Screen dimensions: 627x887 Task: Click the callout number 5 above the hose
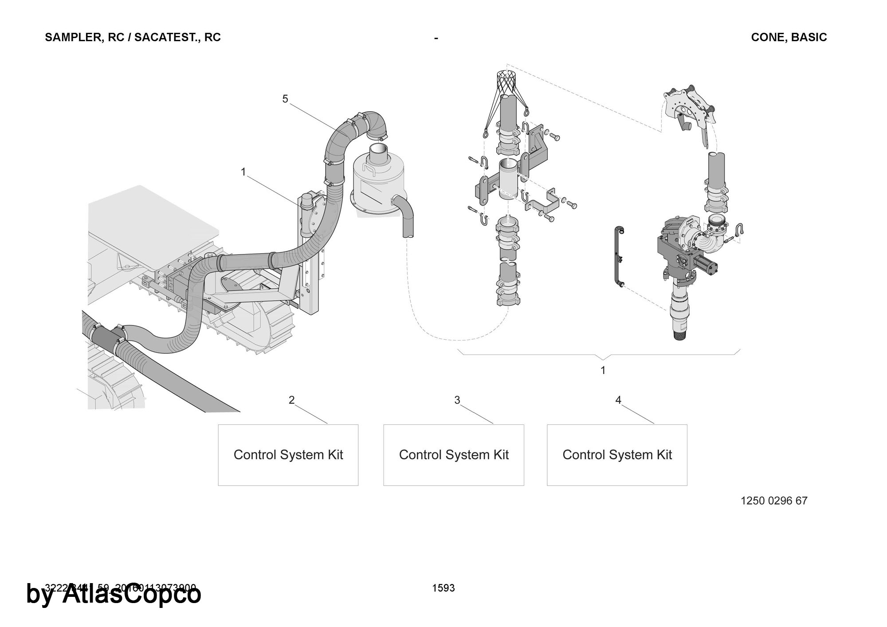click(x=285, y=99)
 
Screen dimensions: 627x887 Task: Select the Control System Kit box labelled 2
click(x=288, y=455)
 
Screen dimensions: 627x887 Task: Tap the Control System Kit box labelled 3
click(x=453, y=455)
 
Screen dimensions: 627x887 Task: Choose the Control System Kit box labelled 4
click(x=617, y=455)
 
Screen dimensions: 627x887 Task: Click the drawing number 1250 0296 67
click(x=774, y=501)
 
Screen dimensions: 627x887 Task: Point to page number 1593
click(x=443, y=588)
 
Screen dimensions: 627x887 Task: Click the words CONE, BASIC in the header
click(x=789, y=37)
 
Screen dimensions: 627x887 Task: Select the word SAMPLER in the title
click(x=74, y=37)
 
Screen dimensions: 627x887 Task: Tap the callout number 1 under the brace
click(x=603, y=370)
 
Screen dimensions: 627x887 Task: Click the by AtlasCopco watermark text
click(x=114, y=594)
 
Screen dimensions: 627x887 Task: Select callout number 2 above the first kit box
click(x=291, y=400)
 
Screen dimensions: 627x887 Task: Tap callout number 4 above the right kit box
click(x=618, y=400)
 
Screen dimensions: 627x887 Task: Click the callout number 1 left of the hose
click(x=243, y=172)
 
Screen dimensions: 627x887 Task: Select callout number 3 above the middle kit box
click(x=457, y=400)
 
